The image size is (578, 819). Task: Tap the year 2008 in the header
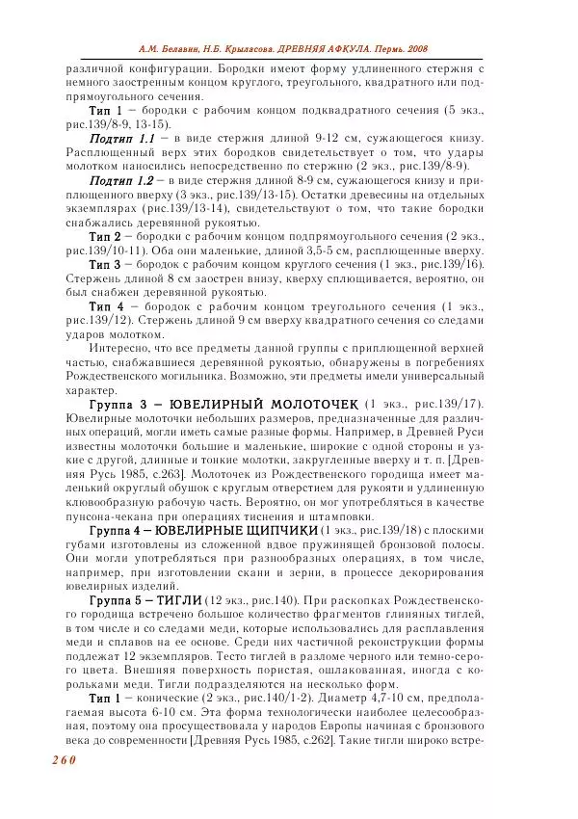[416, 48]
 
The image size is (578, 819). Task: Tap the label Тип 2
[105, 236]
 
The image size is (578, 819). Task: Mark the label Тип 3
[105, 264]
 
